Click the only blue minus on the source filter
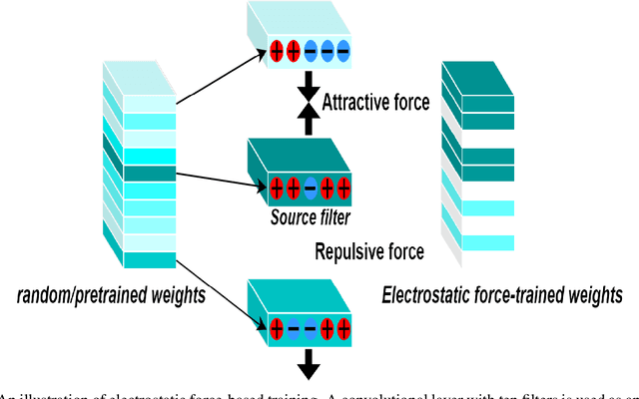[x=310, y=187]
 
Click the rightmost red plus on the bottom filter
[x=342, y=326]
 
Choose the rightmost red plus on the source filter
[x=343, y=187]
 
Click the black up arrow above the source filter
[x=311, y=117]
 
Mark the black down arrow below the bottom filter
[x=311, y=363]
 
